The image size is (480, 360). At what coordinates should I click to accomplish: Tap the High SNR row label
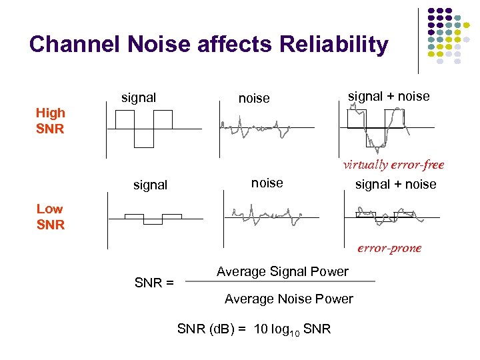[x=50, y=121]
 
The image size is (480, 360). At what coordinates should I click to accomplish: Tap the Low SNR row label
[x=50, y=217]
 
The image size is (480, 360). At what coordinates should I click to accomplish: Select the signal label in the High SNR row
[x=139, y=98]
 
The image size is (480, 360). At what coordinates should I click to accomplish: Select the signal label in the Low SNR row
[x=150, y=185]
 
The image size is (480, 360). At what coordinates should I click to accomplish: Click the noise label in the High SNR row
[x=254, y=99]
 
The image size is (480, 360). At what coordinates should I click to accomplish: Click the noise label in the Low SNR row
[x=267, y=183]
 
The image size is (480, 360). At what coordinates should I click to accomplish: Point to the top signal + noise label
[x=389, y=97]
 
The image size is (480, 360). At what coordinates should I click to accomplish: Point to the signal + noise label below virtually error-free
[x=395, y=184]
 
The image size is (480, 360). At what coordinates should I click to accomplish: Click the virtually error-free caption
[x=393, y=165]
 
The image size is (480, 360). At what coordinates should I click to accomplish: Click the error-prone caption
[x=389, y=248]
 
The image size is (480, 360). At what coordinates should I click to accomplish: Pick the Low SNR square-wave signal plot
[x=153, y=218]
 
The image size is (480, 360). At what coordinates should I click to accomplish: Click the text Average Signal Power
[x=282, y=271]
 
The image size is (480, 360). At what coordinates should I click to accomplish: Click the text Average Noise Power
[x=289, y=299]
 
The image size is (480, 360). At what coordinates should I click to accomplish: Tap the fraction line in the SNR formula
[x=280, y=281]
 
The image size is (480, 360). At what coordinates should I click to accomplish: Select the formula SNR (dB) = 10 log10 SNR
[x=253, y=329]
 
